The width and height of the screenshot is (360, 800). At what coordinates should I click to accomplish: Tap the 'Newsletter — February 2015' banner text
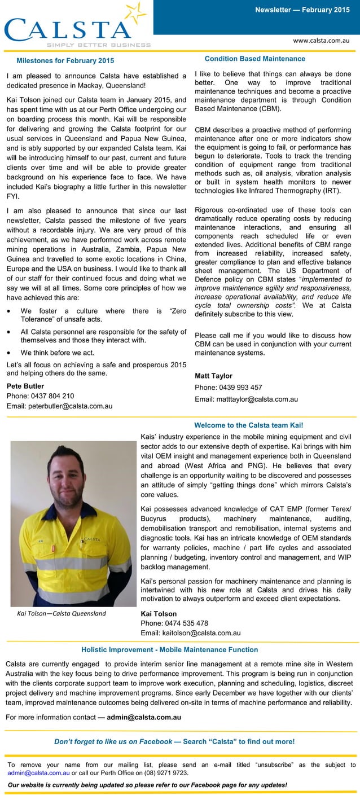pos(302,10)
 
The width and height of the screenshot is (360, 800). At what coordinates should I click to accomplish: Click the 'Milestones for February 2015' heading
pos(65,60)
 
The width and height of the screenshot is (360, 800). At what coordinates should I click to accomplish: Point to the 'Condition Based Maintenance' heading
pos(254,59)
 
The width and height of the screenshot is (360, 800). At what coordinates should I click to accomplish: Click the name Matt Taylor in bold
pos(213,376)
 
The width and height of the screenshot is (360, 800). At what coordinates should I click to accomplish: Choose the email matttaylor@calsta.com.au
pos(246,399)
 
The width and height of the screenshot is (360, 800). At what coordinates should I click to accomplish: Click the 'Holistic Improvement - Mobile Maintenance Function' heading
pos(170,650)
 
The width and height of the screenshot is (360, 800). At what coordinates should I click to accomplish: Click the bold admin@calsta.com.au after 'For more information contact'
pos(144,718)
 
